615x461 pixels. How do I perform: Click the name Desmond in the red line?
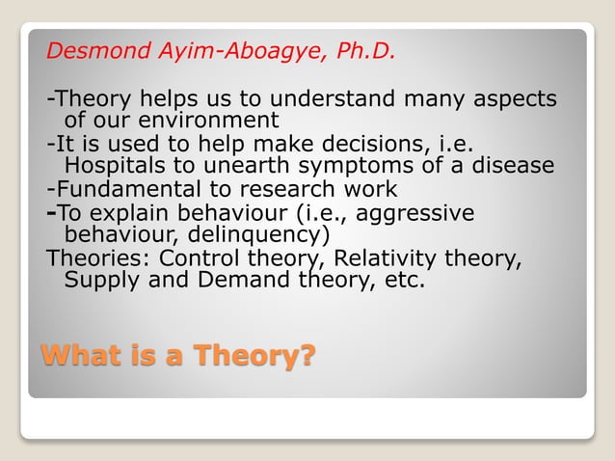(93, 51)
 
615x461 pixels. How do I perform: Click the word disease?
(507, 165)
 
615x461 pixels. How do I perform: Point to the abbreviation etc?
(402, 281)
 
